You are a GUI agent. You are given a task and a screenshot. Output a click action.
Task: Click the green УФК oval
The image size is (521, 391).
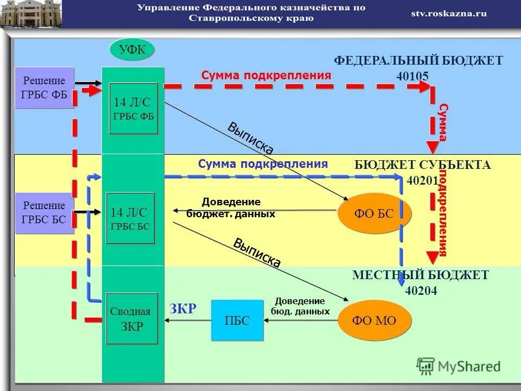(132, 51)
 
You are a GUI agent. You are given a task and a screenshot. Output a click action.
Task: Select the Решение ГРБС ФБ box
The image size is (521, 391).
(44, 87)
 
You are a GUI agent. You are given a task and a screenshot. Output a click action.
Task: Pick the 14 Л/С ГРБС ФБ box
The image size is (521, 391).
(134, 109)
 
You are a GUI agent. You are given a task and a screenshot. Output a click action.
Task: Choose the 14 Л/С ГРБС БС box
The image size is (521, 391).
(130, 218)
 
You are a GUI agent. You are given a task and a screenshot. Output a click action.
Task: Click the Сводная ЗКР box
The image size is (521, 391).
(131, 319)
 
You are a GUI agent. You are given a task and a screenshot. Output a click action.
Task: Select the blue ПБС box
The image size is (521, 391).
(237, 320)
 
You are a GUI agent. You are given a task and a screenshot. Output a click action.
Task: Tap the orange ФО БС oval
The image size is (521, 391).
(374, 213)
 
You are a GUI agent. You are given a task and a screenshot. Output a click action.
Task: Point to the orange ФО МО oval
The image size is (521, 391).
(374, 320)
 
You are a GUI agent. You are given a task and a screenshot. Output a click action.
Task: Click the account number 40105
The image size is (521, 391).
(413, 77)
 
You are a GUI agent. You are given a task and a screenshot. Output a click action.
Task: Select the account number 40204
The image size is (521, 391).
(421, 291)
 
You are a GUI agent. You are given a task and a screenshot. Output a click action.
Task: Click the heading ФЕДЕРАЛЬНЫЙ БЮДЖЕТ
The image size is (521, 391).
(418, 61)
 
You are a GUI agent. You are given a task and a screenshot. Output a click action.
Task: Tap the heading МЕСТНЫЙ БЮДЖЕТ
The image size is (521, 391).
(421, 275)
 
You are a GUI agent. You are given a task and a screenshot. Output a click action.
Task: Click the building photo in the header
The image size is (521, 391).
(31, 14)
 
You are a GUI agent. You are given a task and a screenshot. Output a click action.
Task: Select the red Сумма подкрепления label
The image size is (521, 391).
(266, 76)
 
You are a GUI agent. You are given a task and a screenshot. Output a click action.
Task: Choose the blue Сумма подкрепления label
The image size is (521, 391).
(263, 164)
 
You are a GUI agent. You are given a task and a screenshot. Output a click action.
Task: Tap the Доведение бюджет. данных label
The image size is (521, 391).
(231, 208)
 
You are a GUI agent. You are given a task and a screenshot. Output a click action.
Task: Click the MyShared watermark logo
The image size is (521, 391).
(459, 366)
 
